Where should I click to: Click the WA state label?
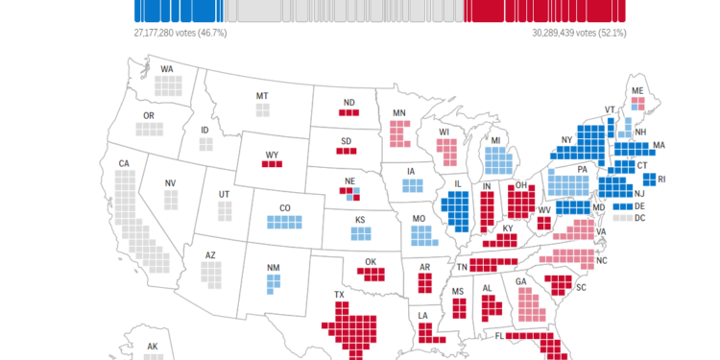click(167, 70)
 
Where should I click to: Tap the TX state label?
click(339, 295)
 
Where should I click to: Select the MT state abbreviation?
click(262, 96)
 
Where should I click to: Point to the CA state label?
click(124, 164)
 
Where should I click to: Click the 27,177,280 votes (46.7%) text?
click(180, 33)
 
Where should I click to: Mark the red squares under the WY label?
click(273, 164)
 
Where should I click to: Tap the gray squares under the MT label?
click(262, 109)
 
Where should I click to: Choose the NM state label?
click(274, 269)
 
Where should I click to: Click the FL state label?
click(500, 337)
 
